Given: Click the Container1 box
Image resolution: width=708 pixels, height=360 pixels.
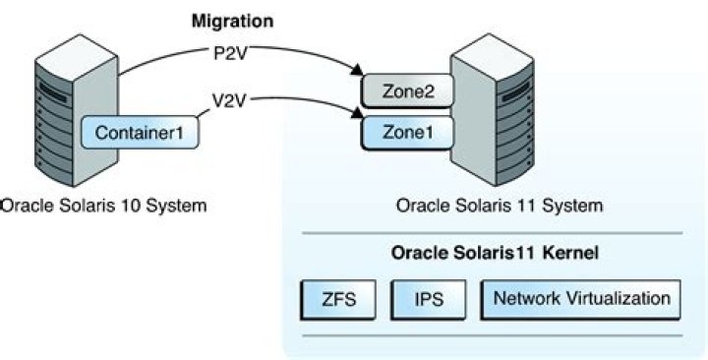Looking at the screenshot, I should (142, 130).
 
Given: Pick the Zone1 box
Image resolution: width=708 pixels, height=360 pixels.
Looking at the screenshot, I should (405, 130).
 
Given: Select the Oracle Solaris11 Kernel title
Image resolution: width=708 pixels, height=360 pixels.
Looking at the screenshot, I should (497, 252).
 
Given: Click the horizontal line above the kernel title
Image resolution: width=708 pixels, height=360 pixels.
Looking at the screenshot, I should (496, 233).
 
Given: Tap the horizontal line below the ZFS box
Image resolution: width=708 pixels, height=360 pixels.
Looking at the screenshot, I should (496, 333).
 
